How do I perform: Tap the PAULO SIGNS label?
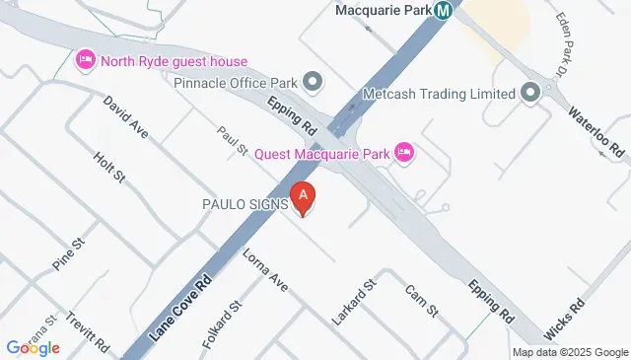pyautogui.click(x=245, y=204)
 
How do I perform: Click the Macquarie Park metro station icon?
pyautogui.click(x=444, y=11)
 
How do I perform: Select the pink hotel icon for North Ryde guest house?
pyautogui.click(x=85, y=61)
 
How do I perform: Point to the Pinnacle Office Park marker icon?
pyautogui.click(x=314, y=82)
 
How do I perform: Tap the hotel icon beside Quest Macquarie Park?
pyautogui.click(x=403, y=153)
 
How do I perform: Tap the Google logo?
pyautogui.click(x=33, y=347)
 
